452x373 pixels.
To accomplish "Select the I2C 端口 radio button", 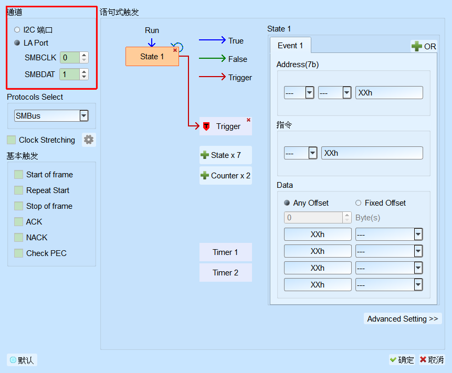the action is tap(17, 30).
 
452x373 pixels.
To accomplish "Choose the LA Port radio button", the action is tap(17, 42).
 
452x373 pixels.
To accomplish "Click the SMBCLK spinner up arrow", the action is tap(84, 55).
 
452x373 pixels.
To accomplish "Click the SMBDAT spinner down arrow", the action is tap(84, 77).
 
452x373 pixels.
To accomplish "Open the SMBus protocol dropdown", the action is tap(84, 116).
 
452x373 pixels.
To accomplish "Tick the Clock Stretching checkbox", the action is tap(11, 140).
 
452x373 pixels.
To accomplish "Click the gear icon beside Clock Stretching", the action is tap(89, 140).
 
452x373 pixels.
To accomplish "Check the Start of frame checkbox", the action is tap(19, 175).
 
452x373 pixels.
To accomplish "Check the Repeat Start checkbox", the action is tap(19, 190).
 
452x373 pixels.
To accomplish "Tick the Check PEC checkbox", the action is tap(19, 253).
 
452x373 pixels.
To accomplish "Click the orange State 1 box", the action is tap(152, 57).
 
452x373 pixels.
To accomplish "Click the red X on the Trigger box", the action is tap(248, 120).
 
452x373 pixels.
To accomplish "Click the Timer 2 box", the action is tap(225, 272).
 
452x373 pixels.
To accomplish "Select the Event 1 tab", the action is tap(290, 46).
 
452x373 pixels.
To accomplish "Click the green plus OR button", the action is tap(424, 46).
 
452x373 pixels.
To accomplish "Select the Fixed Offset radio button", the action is tap(359, 203).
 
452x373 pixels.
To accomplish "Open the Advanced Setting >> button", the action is tap(403, 318).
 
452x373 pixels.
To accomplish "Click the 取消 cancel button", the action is tap(432, 360).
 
